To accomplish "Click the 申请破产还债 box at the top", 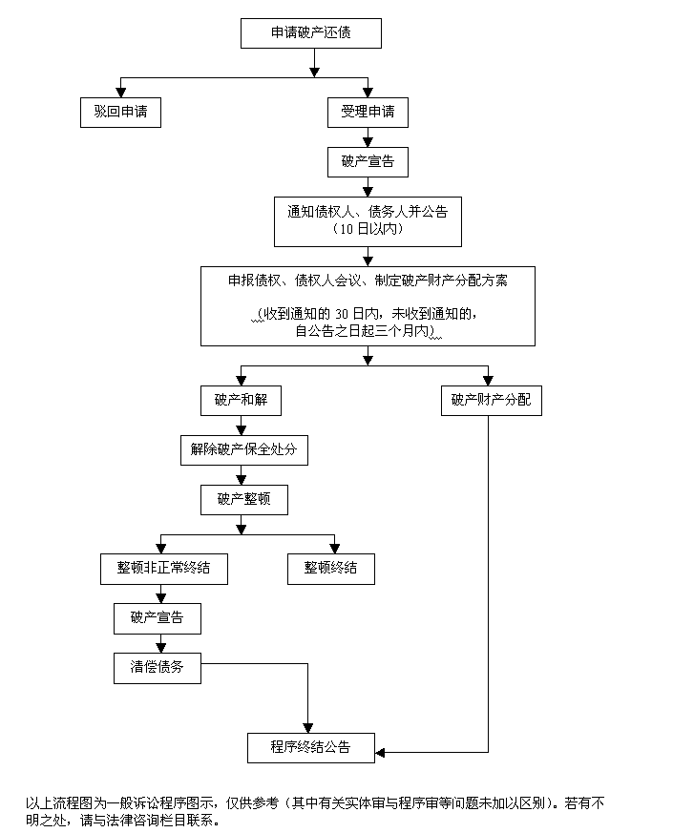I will [310, 33].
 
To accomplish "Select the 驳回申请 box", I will [120, 112].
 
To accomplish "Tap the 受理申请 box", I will [368, 112].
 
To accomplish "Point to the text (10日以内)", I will [368, 229].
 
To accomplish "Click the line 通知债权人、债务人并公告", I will [368, 211].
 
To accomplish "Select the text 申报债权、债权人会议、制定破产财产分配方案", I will [368, 281].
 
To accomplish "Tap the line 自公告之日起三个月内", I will [368, 332].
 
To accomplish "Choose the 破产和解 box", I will [241, 401].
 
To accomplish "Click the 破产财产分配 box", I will [491, 401].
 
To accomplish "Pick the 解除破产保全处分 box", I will [244, 449].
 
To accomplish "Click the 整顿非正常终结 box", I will [164, 568].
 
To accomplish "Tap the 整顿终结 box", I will [331, 568].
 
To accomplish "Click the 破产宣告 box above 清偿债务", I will [158, 617].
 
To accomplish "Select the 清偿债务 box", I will [158, 667].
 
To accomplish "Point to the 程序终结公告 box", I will [310, 747].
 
